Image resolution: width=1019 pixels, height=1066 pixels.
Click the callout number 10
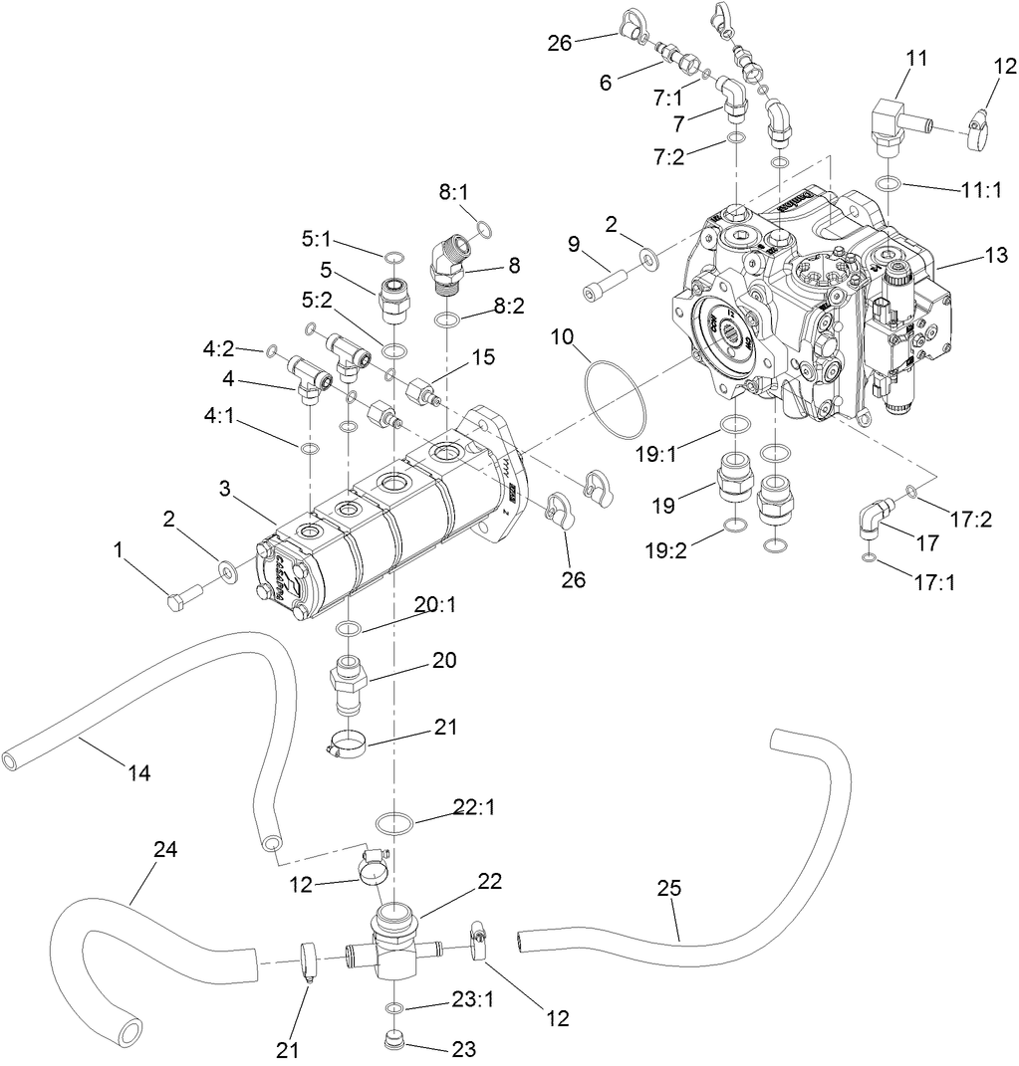562,336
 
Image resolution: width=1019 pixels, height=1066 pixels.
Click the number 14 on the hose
139,772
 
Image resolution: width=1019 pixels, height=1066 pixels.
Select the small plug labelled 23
395,1044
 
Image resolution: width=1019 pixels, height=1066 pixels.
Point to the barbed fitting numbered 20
349,683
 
